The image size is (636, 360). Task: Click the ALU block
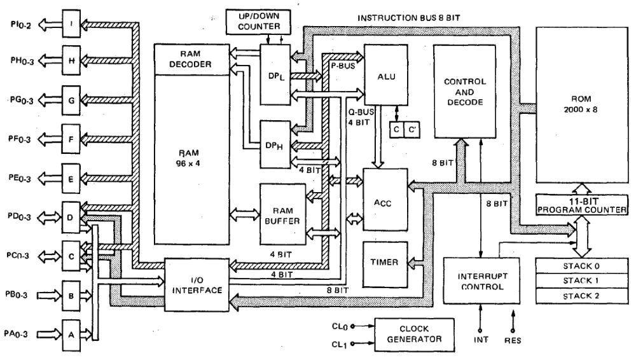click(x=386, y=77)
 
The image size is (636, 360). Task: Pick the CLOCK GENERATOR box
click(x=414, y=333)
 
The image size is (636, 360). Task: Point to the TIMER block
click(x=384, y=262)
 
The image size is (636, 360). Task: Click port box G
click(x=71, y=100)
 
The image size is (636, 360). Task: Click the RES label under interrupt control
click(x=513, y=340)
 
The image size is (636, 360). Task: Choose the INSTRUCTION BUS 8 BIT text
click(x=409, y=18)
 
